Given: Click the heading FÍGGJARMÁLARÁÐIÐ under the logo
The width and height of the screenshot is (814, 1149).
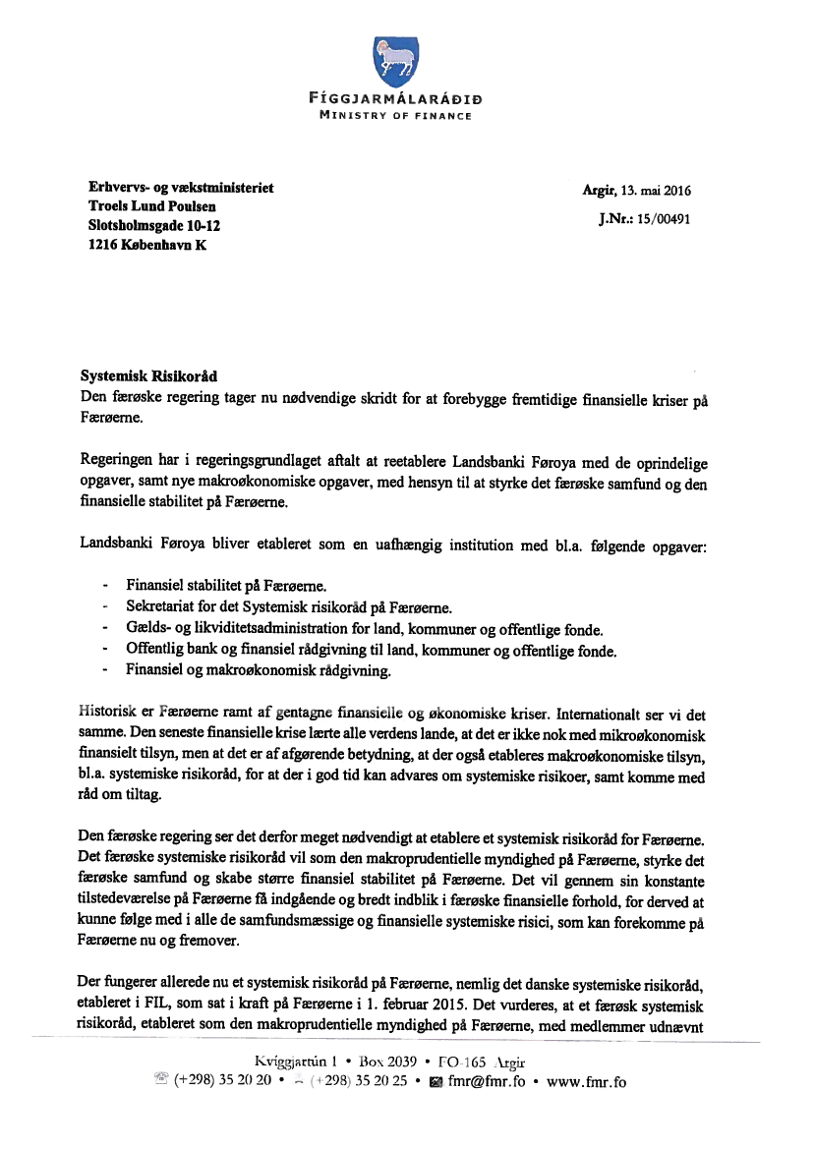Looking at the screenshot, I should coord(394,99).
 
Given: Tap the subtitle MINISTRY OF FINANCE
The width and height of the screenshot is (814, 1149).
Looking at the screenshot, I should coord(395,116).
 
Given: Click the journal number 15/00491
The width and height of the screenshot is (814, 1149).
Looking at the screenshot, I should coord(665,219).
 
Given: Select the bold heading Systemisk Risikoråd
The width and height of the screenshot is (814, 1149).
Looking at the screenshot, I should coord(148,376).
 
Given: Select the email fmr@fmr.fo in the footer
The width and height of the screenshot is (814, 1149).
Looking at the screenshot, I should coord(486,1083).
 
